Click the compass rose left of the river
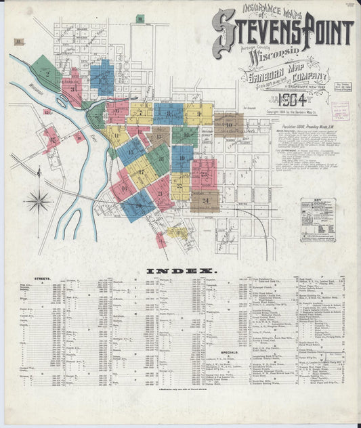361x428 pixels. click(x=39, y=200)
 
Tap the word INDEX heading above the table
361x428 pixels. click(x=180, y=271)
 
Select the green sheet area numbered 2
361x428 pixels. click(x=47, y=72)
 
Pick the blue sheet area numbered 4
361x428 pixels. click(x=102, y=77)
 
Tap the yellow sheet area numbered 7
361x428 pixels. click(x=141, y=113)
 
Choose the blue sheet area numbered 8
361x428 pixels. click(x=168, y=113)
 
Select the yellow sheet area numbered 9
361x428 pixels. click(x=198, y=114)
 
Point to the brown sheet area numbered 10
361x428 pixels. click(x=229, y=125)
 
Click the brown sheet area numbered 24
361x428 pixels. click(x=205, y=200)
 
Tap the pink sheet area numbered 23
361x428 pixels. click(x=204, y=174)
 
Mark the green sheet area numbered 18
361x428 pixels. click(x=158, y=158)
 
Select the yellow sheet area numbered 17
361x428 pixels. click(x=142, y=171)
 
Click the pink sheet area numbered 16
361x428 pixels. click(x=124, y=188)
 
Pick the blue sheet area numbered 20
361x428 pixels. click(x=137, y=205)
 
